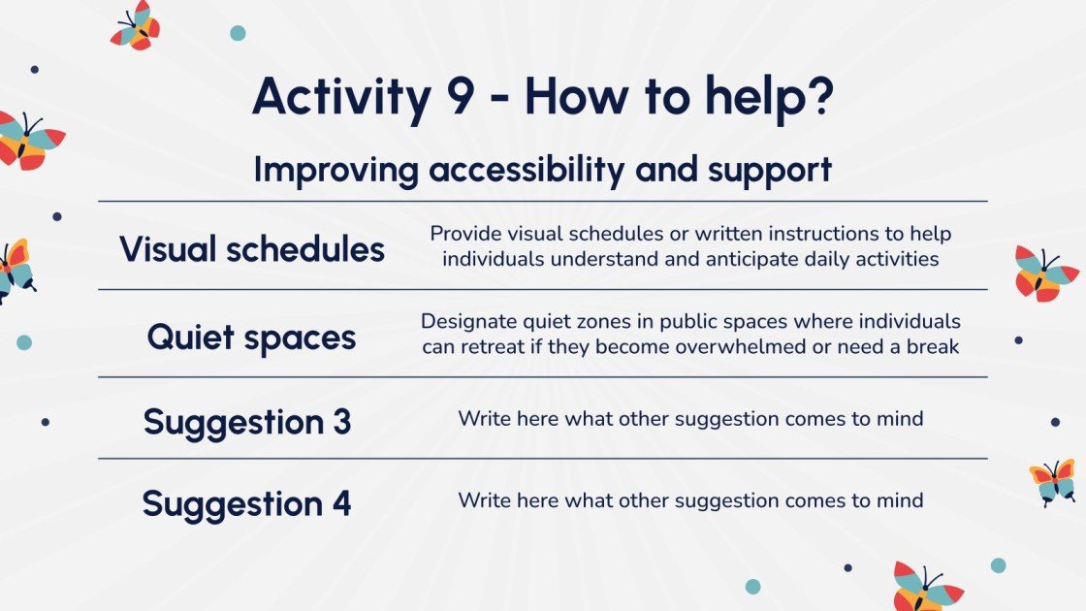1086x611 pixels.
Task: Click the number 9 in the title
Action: pyautogui.click(x=461, y=96)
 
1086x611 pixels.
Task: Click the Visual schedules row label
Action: pyautogui.click(x=251, y=248)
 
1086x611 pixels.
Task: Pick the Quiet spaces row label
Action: pyautogui.click(x=251, y=338)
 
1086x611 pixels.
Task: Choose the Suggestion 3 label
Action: pyautogui.click(x=247, y=423)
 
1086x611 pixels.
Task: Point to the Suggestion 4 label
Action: pyautogui.click(x=246, y=504)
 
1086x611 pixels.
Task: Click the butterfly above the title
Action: pyautogui.click(x=135, y=25)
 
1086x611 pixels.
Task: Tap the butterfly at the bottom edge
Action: pyautogui.click(x=927, y=587)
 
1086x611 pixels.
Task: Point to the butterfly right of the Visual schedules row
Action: pyautogui.click(x=1044, y=273)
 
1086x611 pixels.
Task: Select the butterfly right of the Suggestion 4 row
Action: pyautogui.click(x=1053, y=482)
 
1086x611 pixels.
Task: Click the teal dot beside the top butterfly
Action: pyautogui.click(x=238, y=33)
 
